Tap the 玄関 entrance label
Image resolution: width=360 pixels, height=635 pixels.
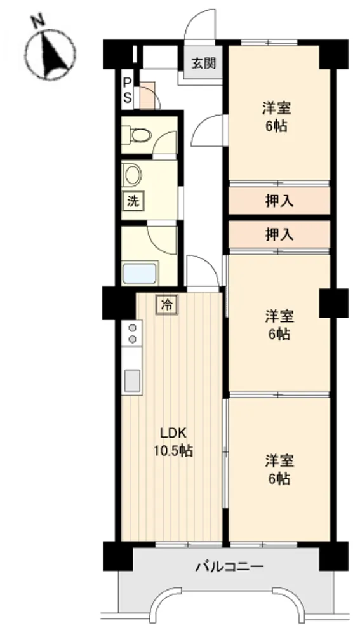pyautogui.click(x=204, y=63)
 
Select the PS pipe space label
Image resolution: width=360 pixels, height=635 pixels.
pyautogui.click(x=127, y=90)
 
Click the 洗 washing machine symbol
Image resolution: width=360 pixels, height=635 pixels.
pyautogui.click(x=133, y=201)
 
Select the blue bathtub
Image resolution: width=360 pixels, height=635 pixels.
pyautogui.click(x=140, y=274)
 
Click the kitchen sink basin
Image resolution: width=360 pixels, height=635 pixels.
pyautogui.click(x=132, y=380)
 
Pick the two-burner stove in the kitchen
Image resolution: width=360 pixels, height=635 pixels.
pyautogui.click(x=132, y=333)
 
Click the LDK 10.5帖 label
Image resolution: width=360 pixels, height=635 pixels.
pyautogui.click(x=173, y=441)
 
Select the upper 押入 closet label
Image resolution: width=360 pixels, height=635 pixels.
pyautogui.click(x=279, y=201)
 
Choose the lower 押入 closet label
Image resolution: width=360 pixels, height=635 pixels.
pyautogui.click(x=279, y=234)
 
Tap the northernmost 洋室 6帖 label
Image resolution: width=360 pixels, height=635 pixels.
pyautogui.click(x=277, y=117)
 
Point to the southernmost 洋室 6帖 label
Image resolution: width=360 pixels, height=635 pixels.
pyautogui.click(x=279, y=470)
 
